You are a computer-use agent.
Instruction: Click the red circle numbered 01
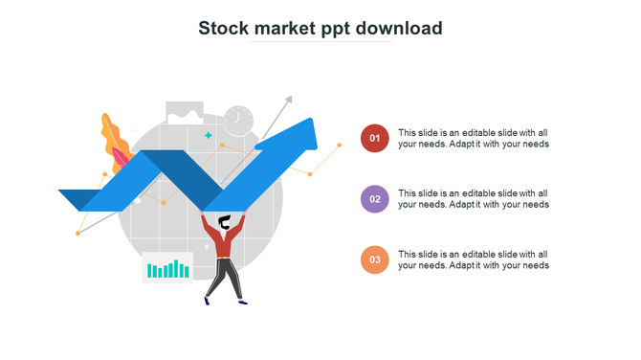pyautogui.click(x=375, y=138)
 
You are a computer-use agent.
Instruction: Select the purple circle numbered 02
pyautogui.click(x=375, y=199)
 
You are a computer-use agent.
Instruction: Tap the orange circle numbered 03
pyautogui.click(x=375, y=259)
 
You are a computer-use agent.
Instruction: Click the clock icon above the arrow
pyautogui.click(x=238, y=121)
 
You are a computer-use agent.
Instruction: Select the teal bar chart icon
pyautogui.click(x=167, y=269)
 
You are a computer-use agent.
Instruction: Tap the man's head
pyautogui.click(x=224, y=224)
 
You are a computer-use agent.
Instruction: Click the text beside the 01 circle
pyautogui.click(x=473, y=138)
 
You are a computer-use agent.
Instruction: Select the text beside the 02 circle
pyautogui.click(x=473, y=199)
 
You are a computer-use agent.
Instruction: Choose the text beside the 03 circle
pyautogui.click(x=473, y=259)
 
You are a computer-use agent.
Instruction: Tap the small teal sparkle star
pyautogui.click(x=208, y=136)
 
